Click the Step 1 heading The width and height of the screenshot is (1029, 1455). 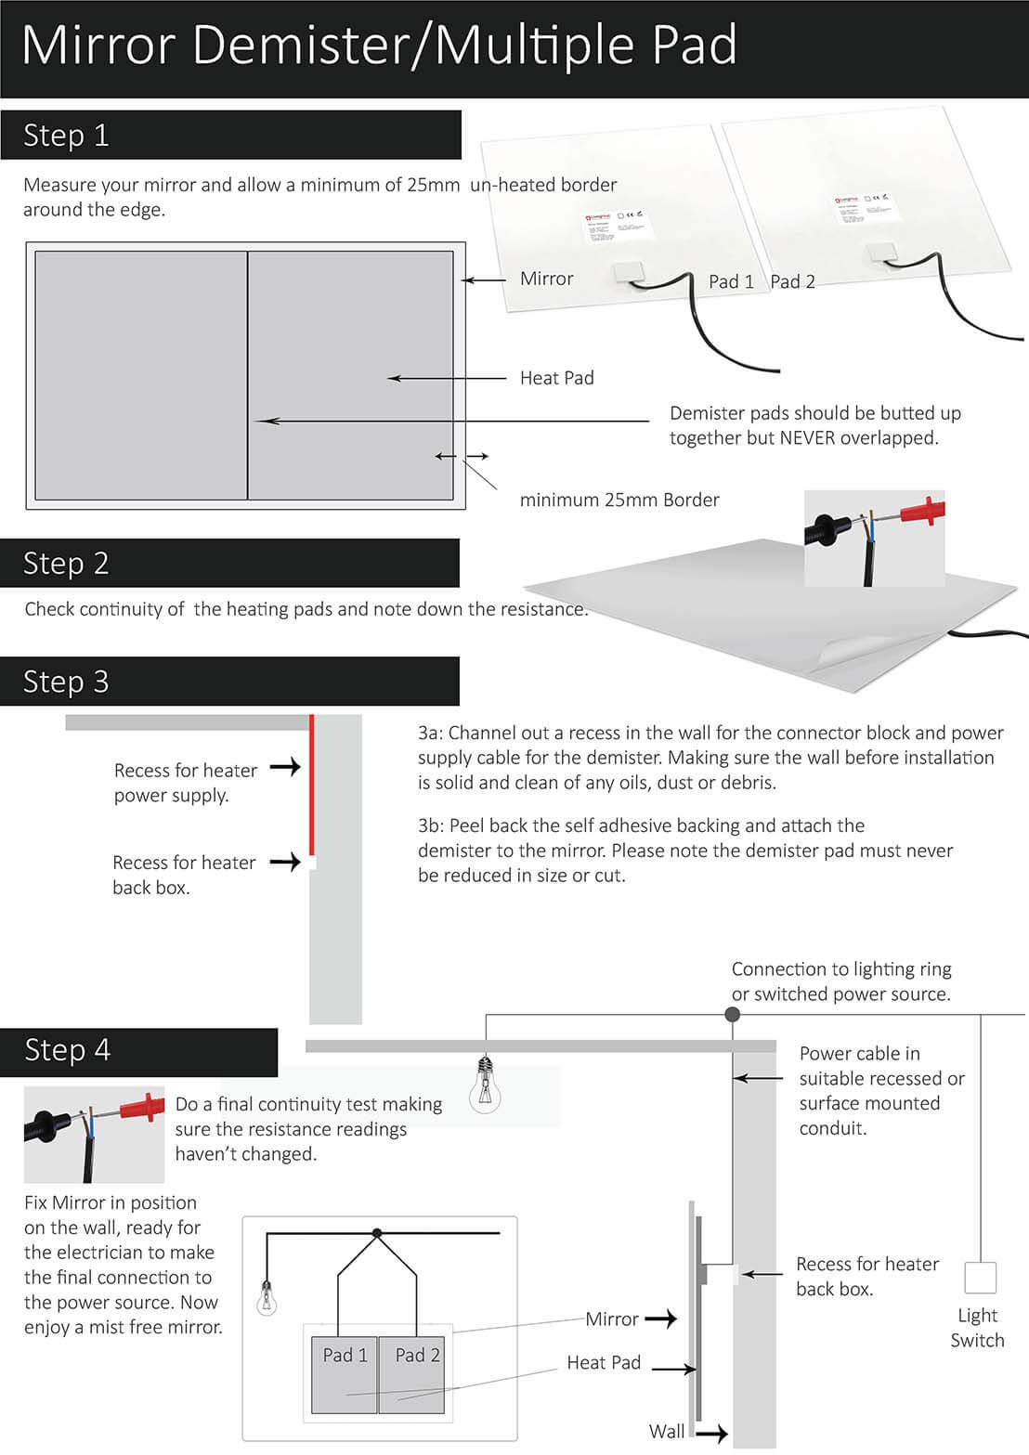tap(66, 136)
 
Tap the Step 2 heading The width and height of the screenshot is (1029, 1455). tap(66, 564)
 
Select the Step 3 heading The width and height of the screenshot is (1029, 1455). tap(66, 682)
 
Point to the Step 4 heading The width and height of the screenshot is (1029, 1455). tap(68, 1050)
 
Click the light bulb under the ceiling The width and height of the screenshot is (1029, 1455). tap(484, 1086)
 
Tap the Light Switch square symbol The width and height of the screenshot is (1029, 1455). tap(980, 1278)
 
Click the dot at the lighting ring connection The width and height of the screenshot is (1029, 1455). tap(732, 1015)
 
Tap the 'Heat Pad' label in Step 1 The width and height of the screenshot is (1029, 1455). tap(556, 378)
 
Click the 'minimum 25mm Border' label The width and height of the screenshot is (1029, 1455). tap(619, 500)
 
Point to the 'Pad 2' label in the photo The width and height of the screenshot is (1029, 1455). tap(792, 281)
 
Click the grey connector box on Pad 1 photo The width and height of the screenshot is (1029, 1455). tap(632, 273)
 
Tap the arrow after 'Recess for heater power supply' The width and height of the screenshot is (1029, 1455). tap(285, 767)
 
